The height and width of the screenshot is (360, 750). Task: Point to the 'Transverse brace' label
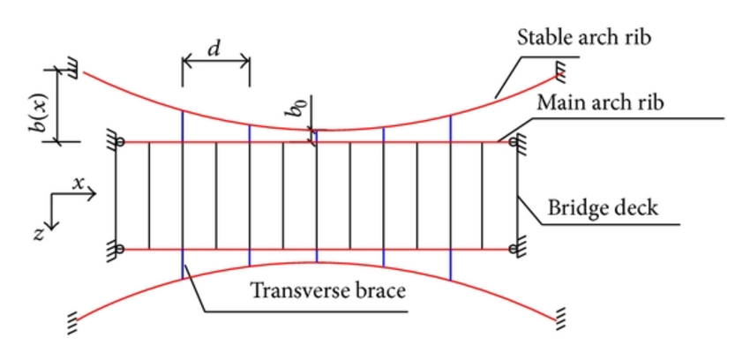(328, 289)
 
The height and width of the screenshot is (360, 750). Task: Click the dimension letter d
(214, 48)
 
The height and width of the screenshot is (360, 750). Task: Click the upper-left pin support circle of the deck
(121, 141)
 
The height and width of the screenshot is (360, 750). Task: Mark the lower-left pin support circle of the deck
(121, 250)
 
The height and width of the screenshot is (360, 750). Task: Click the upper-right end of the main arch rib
(514, 141)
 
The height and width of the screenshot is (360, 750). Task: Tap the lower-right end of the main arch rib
(514, 251)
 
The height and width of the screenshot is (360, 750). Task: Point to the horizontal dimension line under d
(216, 62)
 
